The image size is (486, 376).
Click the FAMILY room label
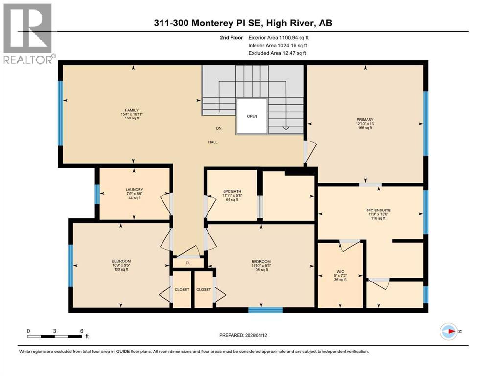[x=132, y=110]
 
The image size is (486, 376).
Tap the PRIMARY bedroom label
[x=365, y=119]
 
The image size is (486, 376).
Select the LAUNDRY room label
[x=134, y=189]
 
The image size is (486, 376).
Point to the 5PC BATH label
[x=232, y=191]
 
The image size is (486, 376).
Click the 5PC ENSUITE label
[x=378, y=210]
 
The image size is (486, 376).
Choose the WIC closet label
[x=340, y=272]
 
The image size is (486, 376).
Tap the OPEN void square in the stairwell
[x=252, y=116]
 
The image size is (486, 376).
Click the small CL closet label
[x=188, y=263]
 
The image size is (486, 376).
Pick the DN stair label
[x=219, y=128]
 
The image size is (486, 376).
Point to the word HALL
[x=212, y=142]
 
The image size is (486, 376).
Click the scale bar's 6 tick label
[x=82, y=331]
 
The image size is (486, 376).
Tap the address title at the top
[x=243, y=23]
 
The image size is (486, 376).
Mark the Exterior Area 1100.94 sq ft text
[x=278, y=38]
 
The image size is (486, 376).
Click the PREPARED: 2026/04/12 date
[x=243, y=335]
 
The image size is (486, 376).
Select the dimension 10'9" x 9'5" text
[x=121, y=265]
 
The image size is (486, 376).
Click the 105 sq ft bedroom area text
[x=261, y=270]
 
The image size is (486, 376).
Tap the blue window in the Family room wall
[x=60, y=113]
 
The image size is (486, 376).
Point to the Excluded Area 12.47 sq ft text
[x=277, y=53]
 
